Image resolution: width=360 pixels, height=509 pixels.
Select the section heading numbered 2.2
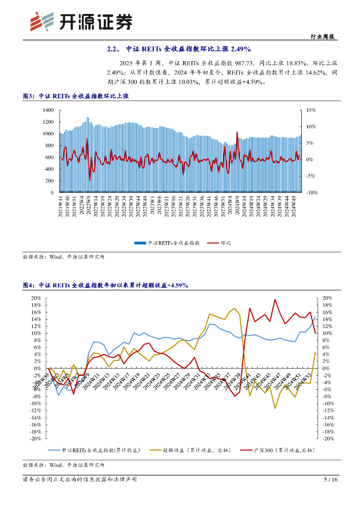pos(180,49)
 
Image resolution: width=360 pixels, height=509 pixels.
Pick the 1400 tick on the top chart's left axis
pos(48,110)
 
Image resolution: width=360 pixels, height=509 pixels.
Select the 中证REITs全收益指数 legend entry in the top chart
pos(167,243)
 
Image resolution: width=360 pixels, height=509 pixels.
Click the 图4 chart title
pos(105,285)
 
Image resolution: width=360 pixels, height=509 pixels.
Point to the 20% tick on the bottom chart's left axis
pos(36,298)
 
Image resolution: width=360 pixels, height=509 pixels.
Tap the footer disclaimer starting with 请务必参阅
pos(80,480)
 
